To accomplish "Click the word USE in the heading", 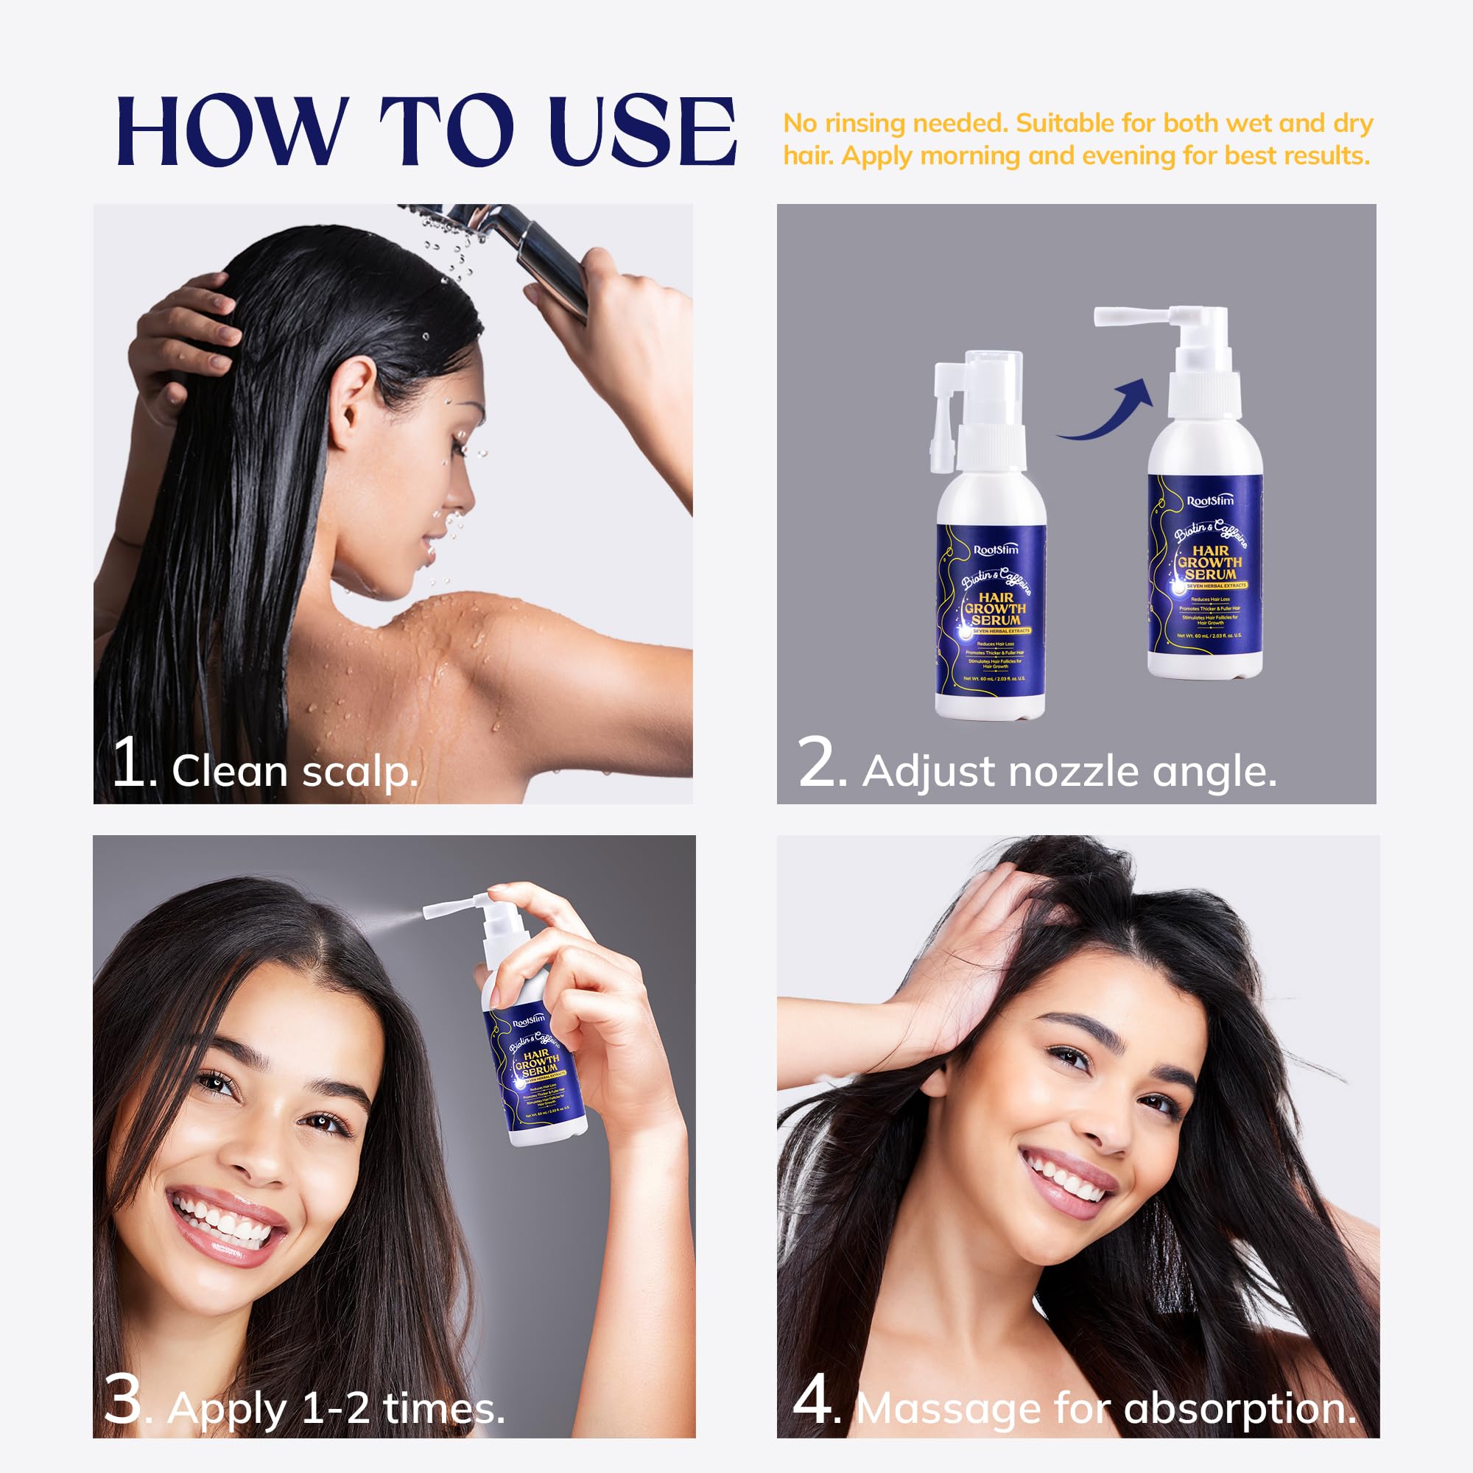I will click(x=641, y=131).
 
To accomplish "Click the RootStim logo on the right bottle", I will click(x=1210, y=501).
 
